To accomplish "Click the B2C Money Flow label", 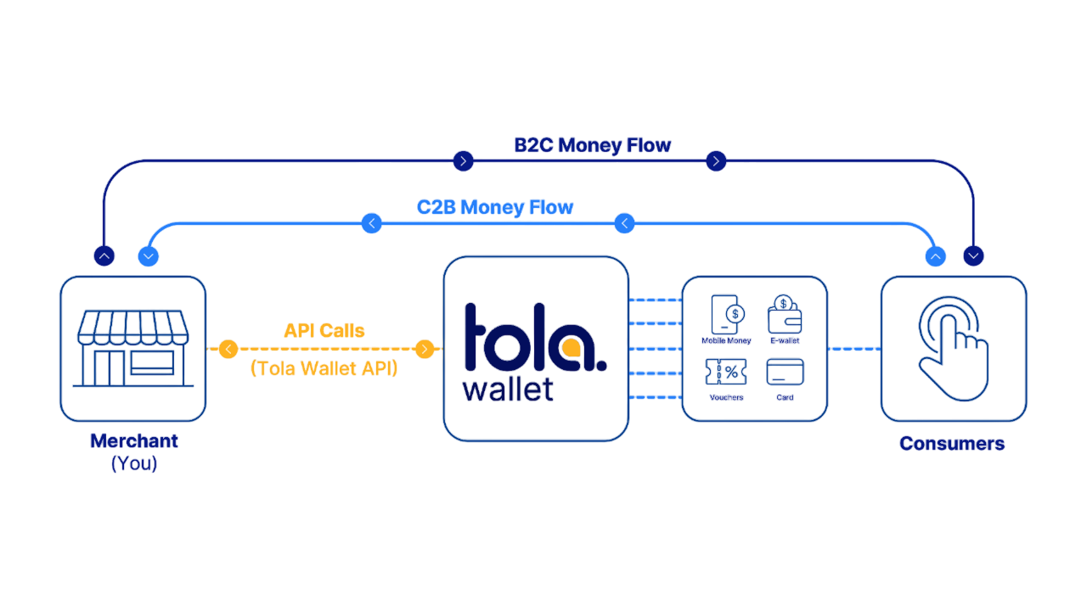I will click(593, 145).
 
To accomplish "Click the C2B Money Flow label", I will click(495, 207).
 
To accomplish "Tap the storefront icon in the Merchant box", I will click(132, 347).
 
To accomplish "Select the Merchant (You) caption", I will click(134, 451).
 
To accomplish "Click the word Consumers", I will click(952, 443).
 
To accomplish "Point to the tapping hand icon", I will click(953, 348).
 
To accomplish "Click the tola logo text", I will click(535, 338).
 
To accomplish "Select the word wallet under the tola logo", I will click(508, 390).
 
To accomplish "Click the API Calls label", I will click(324, 331).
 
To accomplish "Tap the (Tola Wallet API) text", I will click(324, 369).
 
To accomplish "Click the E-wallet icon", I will click(785, 316).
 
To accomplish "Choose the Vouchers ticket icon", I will click(726, 372).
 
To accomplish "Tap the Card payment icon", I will click(785, 372).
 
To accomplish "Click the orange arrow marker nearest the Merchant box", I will click(228, 348).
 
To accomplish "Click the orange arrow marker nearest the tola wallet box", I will click(425, 348).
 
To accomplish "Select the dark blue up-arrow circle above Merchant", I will click(104, 256).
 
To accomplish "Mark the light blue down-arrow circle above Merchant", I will click(149, 256).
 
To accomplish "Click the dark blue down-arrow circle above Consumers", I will click(974, 255).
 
